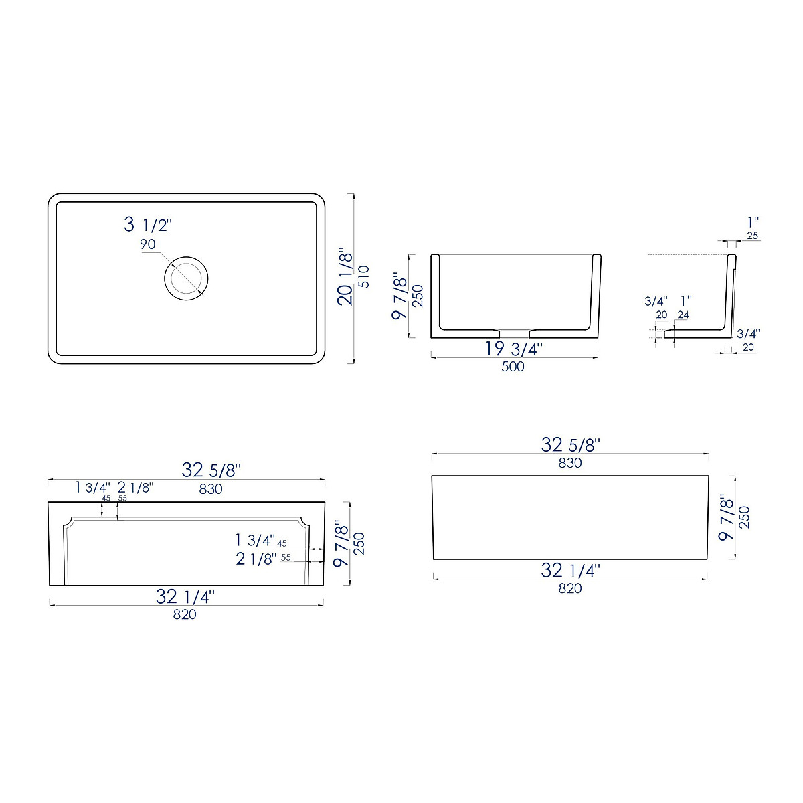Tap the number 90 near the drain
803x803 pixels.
coord(148,244)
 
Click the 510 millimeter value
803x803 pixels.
coord(363,276)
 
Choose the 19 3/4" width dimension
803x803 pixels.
coord(514,349)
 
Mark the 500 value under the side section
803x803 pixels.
coord(513,367)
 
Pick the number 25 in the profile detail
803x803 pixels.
coord(752,236)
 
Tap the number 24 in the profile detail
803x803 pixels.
coord(683,315)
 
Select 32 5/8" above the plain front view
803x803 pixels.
coord(570,445)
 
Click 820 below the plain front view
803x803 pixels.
coord(570,588)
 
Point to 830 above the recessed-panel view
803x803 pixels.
coord(211,489)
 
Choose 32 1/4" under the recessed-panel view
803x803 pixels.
coord(185,597)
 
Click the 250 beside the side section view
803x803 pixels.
coord(418,295)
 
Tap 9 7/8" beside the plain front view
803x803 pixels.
coord(725,517)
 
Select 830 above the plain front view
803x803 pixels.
coord(570,462)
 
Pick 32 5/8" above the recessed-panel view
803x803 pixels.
coord(211,470)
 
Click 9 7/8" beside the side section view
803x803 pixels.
coord(400,295)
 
